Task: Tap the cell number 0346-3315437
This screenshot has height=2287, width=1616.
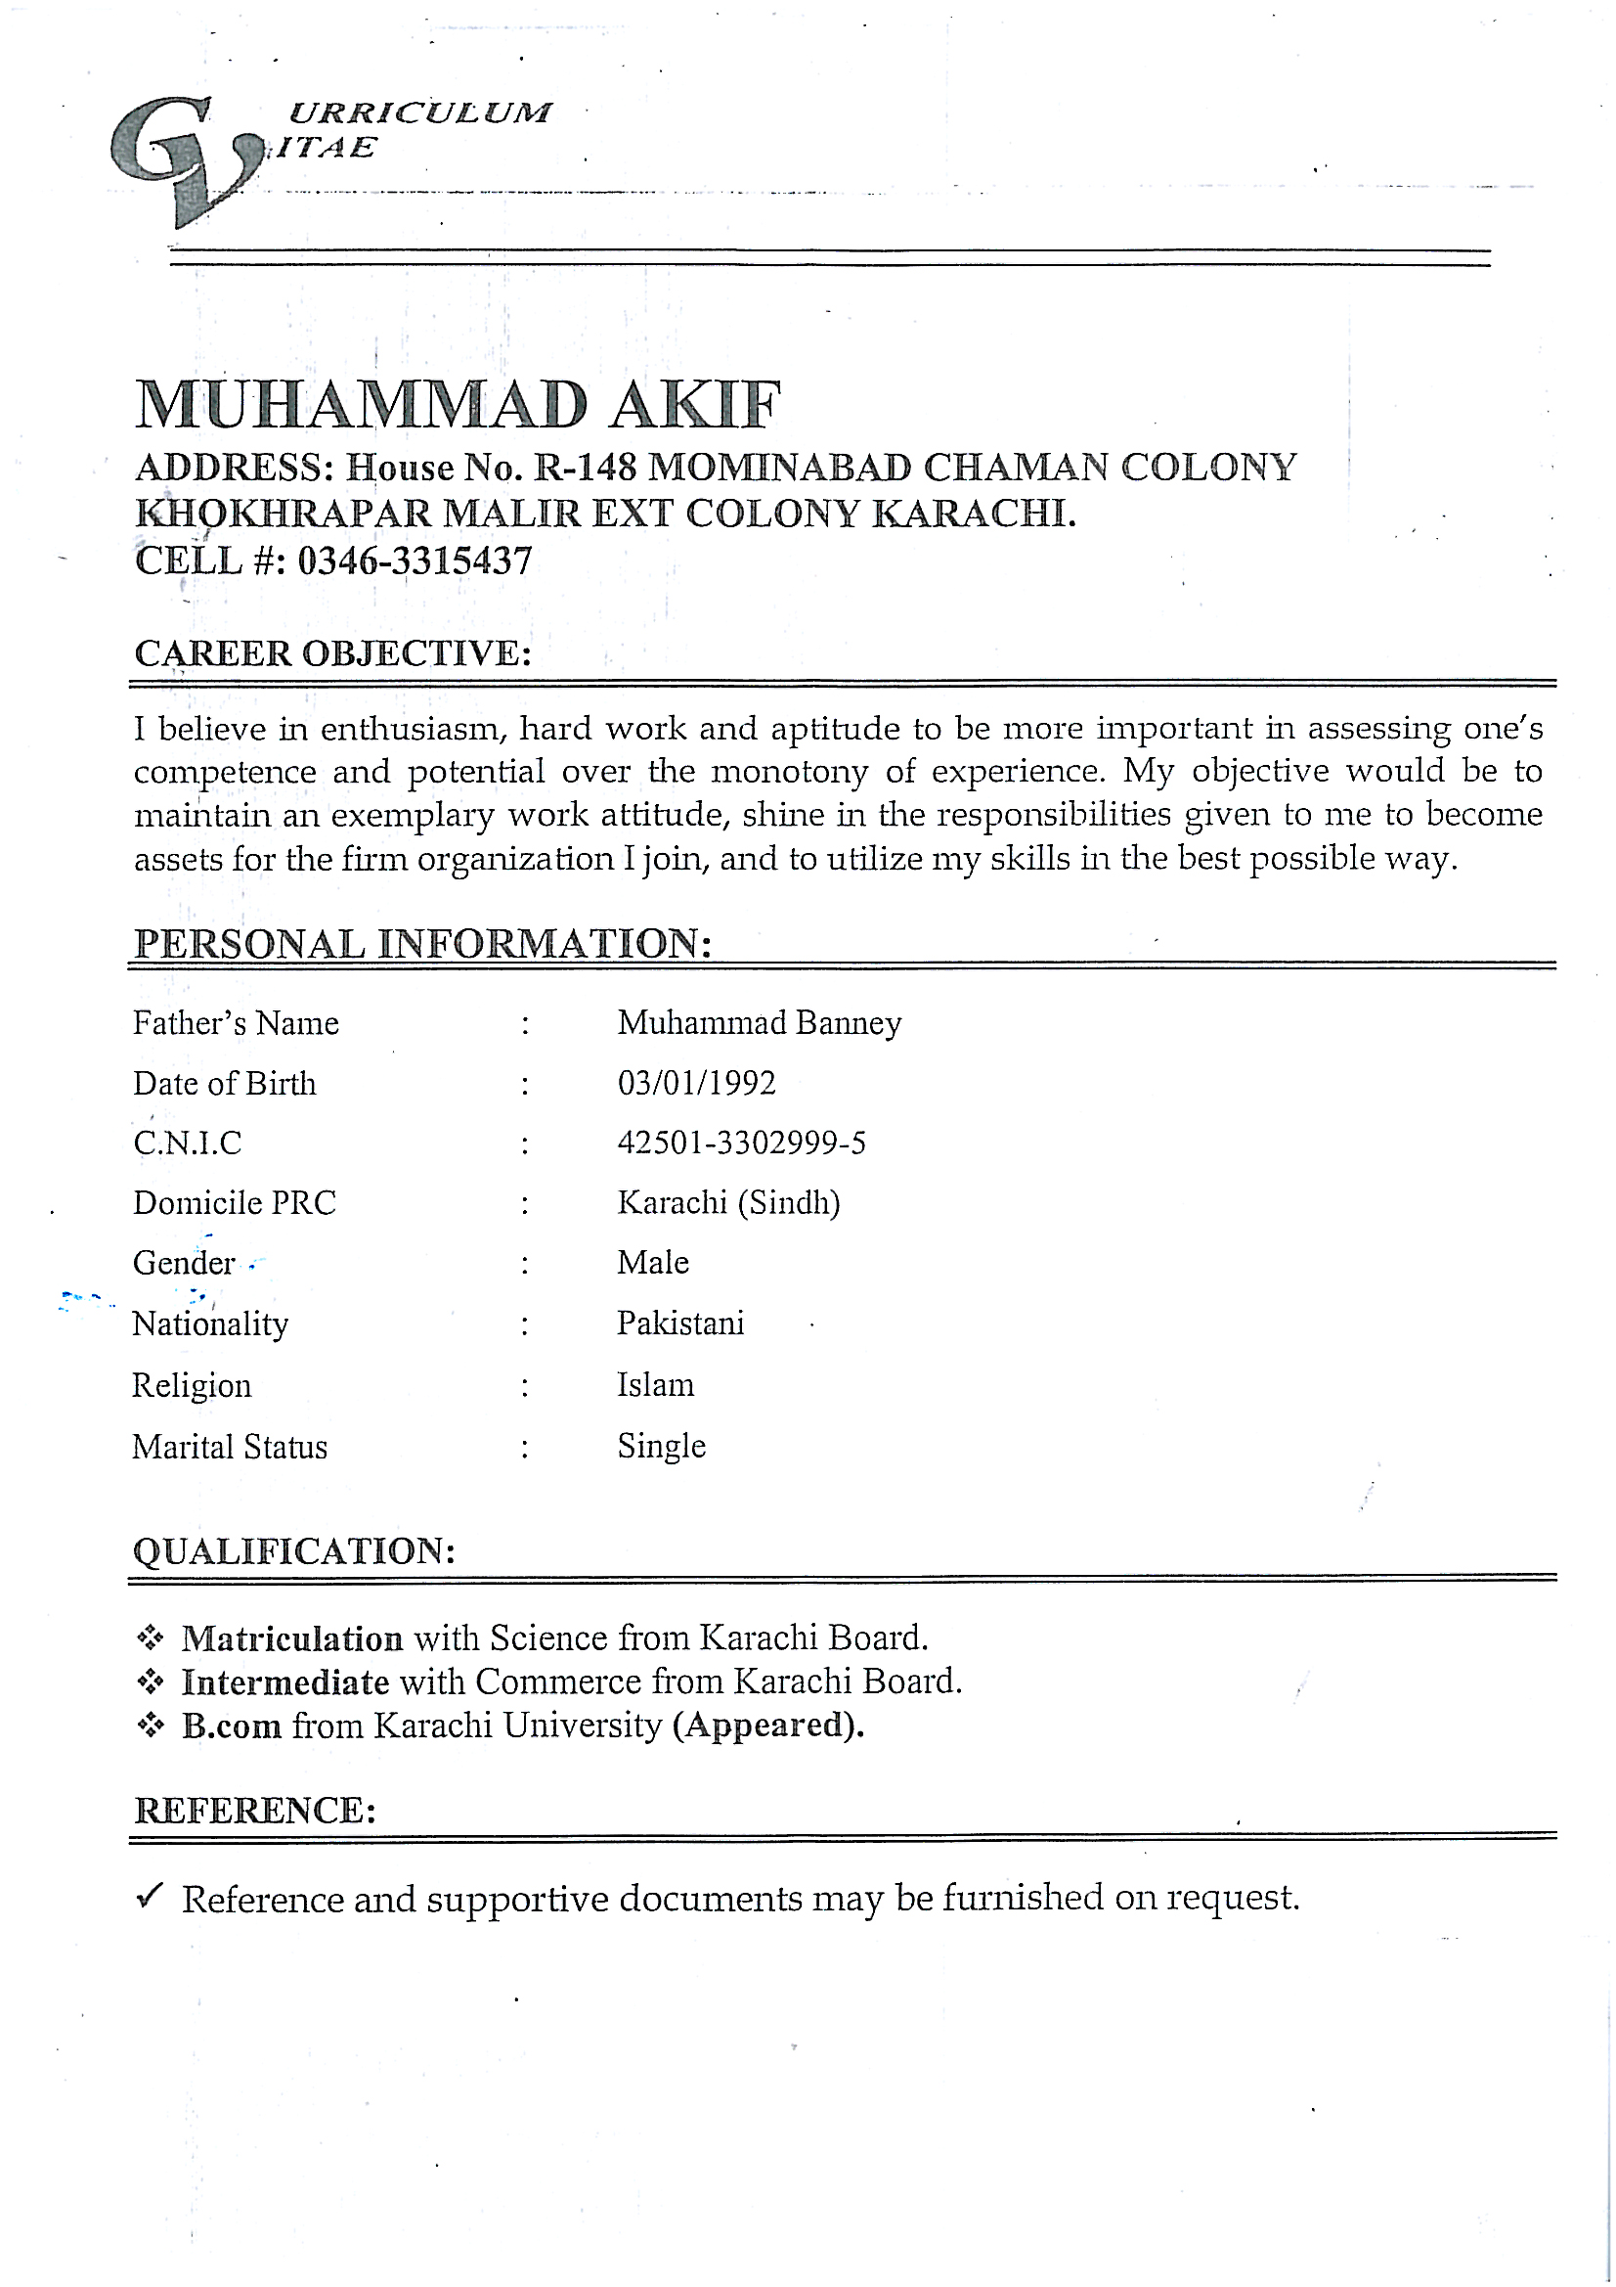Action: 415,561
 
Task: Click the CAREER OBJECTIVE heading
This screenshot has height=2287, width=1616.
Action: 332,653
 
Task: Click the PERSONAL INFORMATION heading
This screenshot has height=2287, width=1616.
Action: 422,943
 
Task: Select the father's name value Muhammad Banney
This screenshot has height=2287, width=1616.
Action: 759,1023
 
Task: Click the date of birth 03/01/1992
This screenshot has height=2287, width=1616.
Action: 696,1083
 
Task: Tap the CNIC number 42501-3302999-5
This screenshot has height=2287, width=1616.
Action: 741,1143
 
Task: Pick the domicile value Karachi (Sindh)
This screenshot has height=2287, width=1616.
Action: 728,1203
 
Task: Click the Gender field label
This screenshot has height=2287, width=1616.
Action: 184,1263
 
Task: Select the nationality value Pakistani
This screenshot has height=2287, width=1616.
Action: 680,1323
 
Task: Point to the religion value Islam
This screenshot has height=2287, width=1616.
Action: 655,1385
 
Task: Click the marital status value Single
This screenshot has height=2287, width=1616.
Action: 661,1447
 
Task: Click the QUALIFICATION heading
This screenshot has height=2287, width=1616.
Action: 293,1550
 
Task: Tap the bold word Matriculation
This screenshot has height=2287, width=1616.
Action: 291,1638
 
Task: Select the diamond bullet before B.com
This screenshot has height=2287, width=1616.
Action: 151,1726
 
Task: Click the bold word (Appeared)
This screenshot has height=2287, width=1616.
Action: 767,1726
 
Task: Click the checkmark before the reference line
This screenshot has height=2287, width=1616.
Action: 150,1896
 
